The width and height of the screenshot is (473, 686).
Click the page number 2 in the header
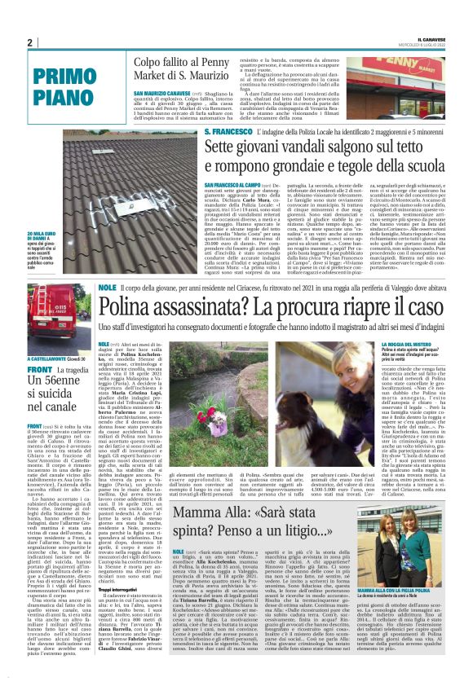29,42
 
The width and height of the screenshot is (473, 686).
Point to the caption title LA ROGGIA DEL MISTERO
407,345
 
